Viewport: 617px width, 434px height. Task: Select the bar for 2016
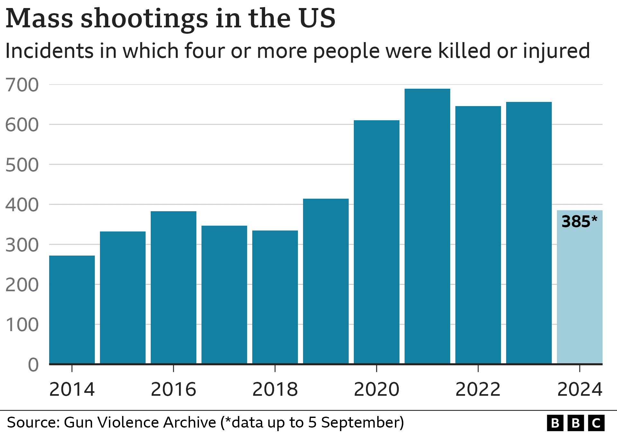(174, 287)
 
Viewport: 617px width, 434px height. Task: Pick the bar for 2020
(377, 242)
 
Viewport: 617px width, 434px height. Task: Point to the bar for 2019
(326, 281)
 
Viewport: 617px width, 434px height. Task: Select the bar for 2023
(529, 233)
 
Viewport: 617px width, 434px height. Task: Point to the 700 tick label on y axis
(22, 85)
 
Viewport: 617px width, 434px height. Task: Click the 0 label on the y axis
(33, 365)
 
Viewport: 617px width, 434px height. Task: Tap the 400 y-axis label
(22, 205)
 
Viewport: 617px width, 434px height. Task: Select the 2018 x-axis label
(275, 390)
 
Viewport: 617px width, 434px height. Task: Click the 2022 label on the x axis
(478, 390)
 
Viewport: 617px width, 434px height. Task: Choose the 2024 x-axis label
(580, 390)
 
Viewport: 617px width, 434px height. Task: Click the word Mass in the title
(40, 19)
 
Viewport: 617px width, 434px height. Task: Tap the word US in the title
(317, 19)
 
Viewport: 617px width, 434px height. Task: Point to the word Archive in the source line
(190, 422)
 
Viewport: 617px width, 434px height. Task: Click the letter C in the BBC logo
(596, 423)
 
